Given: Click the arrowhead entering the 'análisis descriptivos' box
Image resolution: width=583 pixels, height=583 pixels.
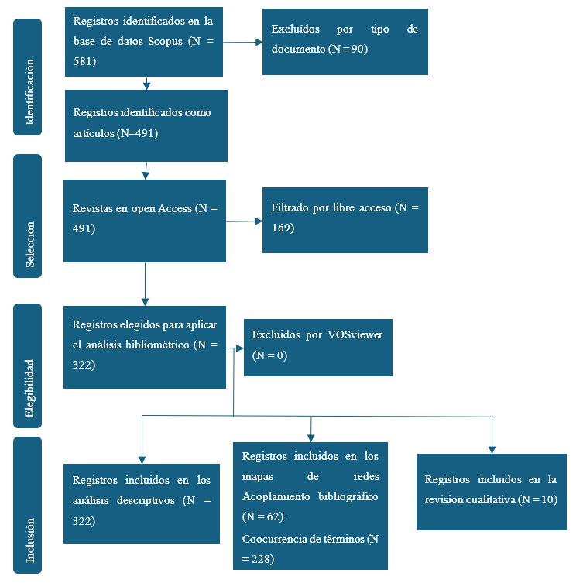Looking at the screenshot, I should [142, 458].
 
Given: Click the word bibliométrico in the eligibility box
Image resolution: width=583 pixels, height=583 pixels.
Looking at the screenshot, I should [152, 344].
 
